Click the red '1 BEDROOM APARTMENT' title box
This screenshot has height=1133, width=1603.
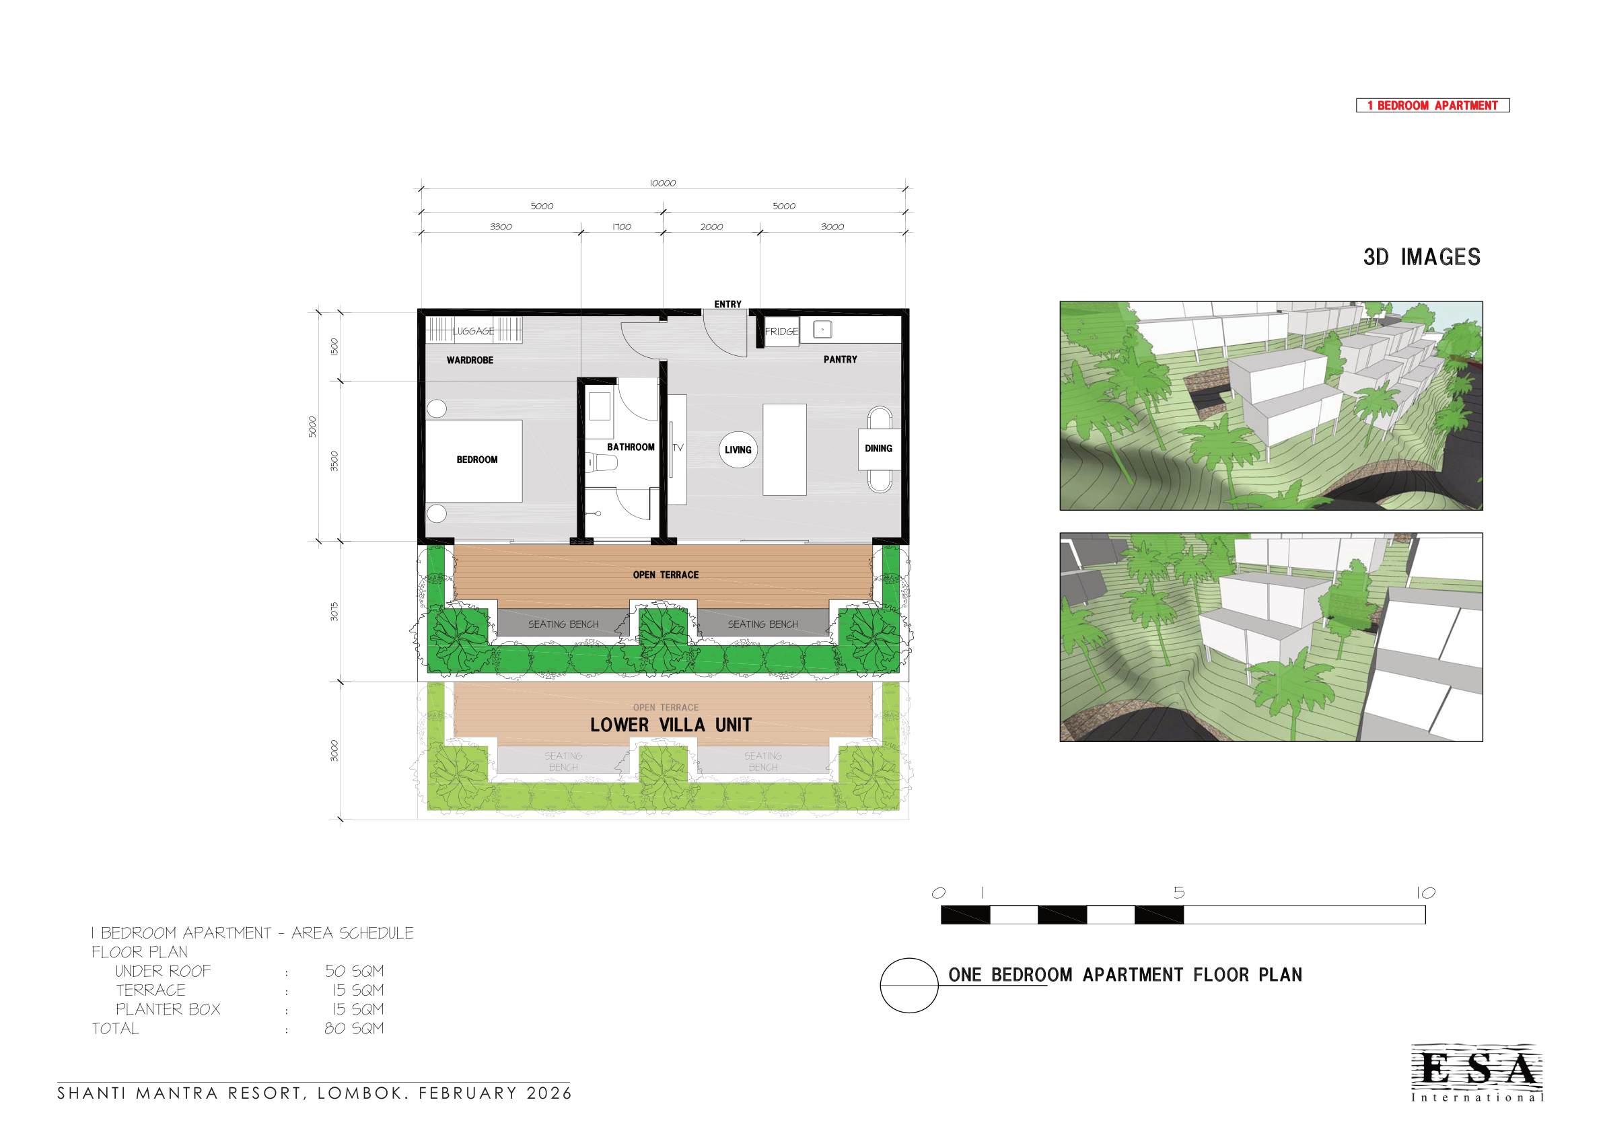(1432, 106)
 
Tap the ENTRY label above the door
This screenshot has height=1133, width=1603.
(727, 304)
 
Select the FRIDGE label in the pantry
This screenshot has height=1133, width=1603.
(781, 332)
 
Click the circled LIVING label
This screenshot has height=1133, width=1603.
(738, 450)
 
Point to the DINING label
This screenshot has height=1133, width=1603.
(878, 449)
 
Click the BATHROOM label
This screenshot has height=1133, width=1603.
(631, 447)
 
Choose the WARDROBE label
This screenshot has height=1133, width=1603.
(470, 360)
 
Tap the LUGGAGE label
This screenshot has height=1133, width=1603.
(473, 331)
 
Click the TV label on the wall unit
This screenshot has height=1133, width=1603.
(678, 447)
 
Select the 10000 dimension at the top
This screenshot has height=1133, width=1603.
(663, 184)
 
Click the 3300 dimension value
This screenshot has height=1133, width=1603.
(501, 227)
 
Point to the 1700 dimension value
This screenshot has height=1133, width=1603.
(621, 227)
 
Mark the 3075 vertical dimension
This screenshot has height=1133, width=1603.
(334, 612)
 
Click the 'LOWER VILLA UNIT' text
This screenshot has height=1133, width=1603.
(671, 725)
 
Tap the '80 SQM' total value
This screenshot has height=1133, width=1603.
(354, 1028)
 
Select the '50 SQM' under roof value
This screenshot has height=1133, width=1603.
(354, 971)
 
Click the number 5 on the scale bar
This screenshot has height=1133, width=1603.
(1179, 893)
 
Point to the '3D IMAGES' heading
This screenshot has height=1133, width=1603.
(1421, 257)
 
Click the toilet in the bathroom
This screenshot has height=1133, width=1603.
(602, 462)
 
